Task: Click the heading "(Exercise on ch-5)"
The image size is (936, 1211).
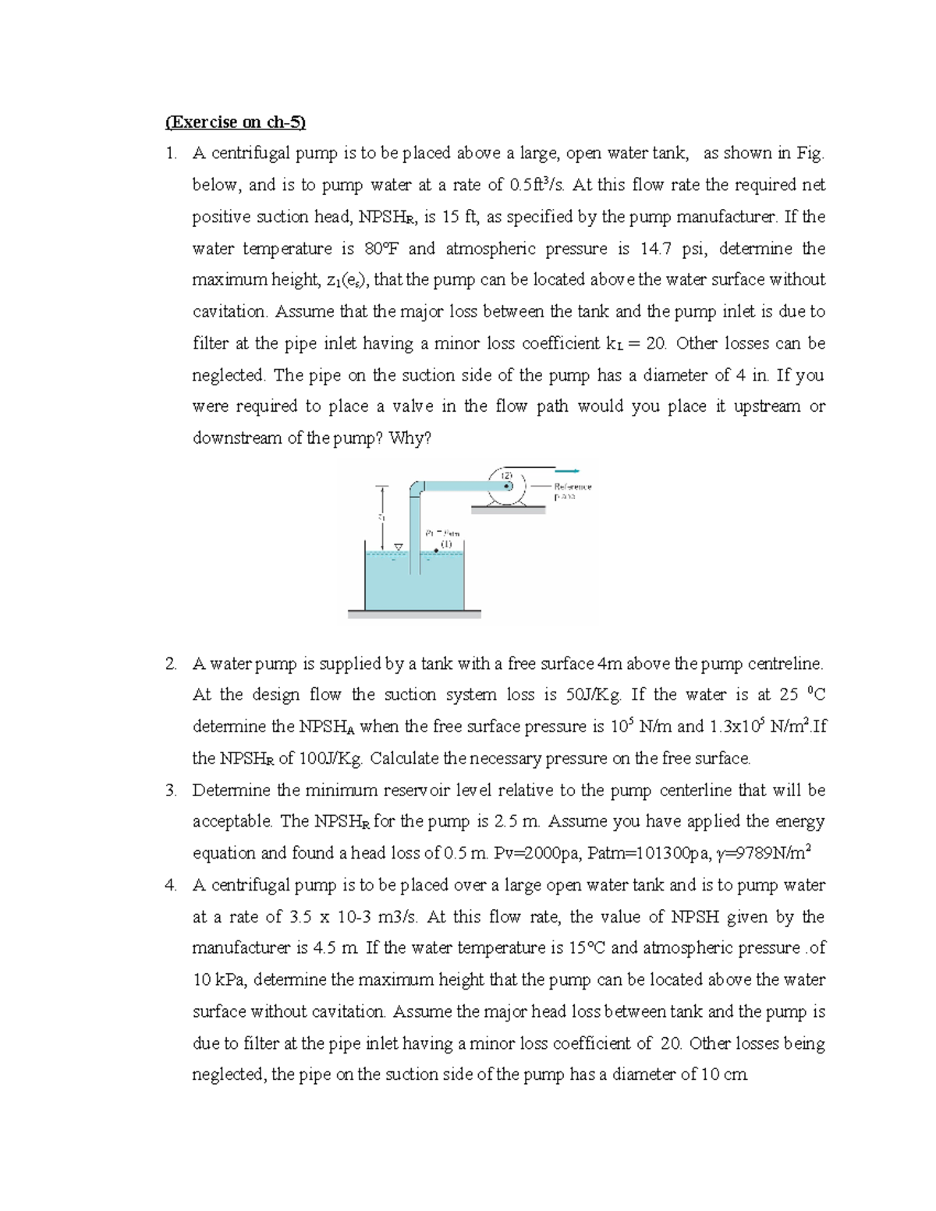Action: coord(236,122)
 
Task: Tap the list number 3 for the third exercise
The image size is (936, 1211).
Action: coord(170,790)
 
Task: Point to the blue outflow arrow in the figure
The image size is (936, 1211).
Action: coord(566,470)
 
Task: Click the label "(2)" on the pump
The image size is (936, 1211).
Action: coord(505,475)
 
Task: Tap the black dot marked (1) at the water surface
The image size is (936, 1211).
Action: coord(436,551)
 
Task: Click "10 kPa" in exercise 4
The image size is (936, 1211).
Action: coord(219,980)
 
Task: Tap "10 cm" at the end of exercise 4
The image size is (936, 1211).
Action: coord(725,1075)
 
